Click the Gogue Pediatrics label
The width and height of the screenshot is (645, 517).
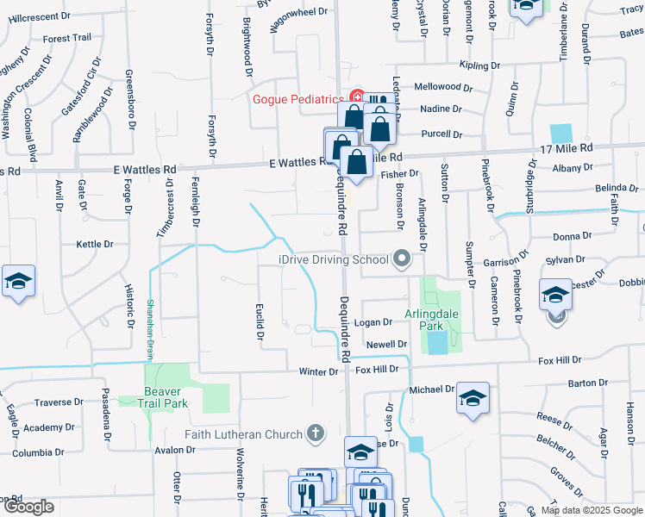click(298, 98)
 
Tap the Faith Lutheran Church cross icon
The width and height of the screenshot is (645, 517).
click(316, 433)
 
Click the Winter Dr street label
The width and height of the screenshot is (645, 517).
click(318, 371)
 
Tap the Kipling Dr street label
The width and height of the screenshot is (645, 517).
click(480, 65)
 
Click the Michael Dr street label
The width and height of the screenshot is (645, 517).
click(431, 389)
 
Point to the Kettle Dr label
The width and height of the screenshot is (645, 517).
click(95, 245)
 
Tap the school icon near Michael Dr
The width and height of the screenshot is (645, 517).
click(473, 398)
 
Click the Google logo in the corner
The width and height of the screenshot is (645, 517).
click(28, 507)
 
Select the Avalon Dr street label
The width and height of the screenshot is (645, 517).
click(175, 450)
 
